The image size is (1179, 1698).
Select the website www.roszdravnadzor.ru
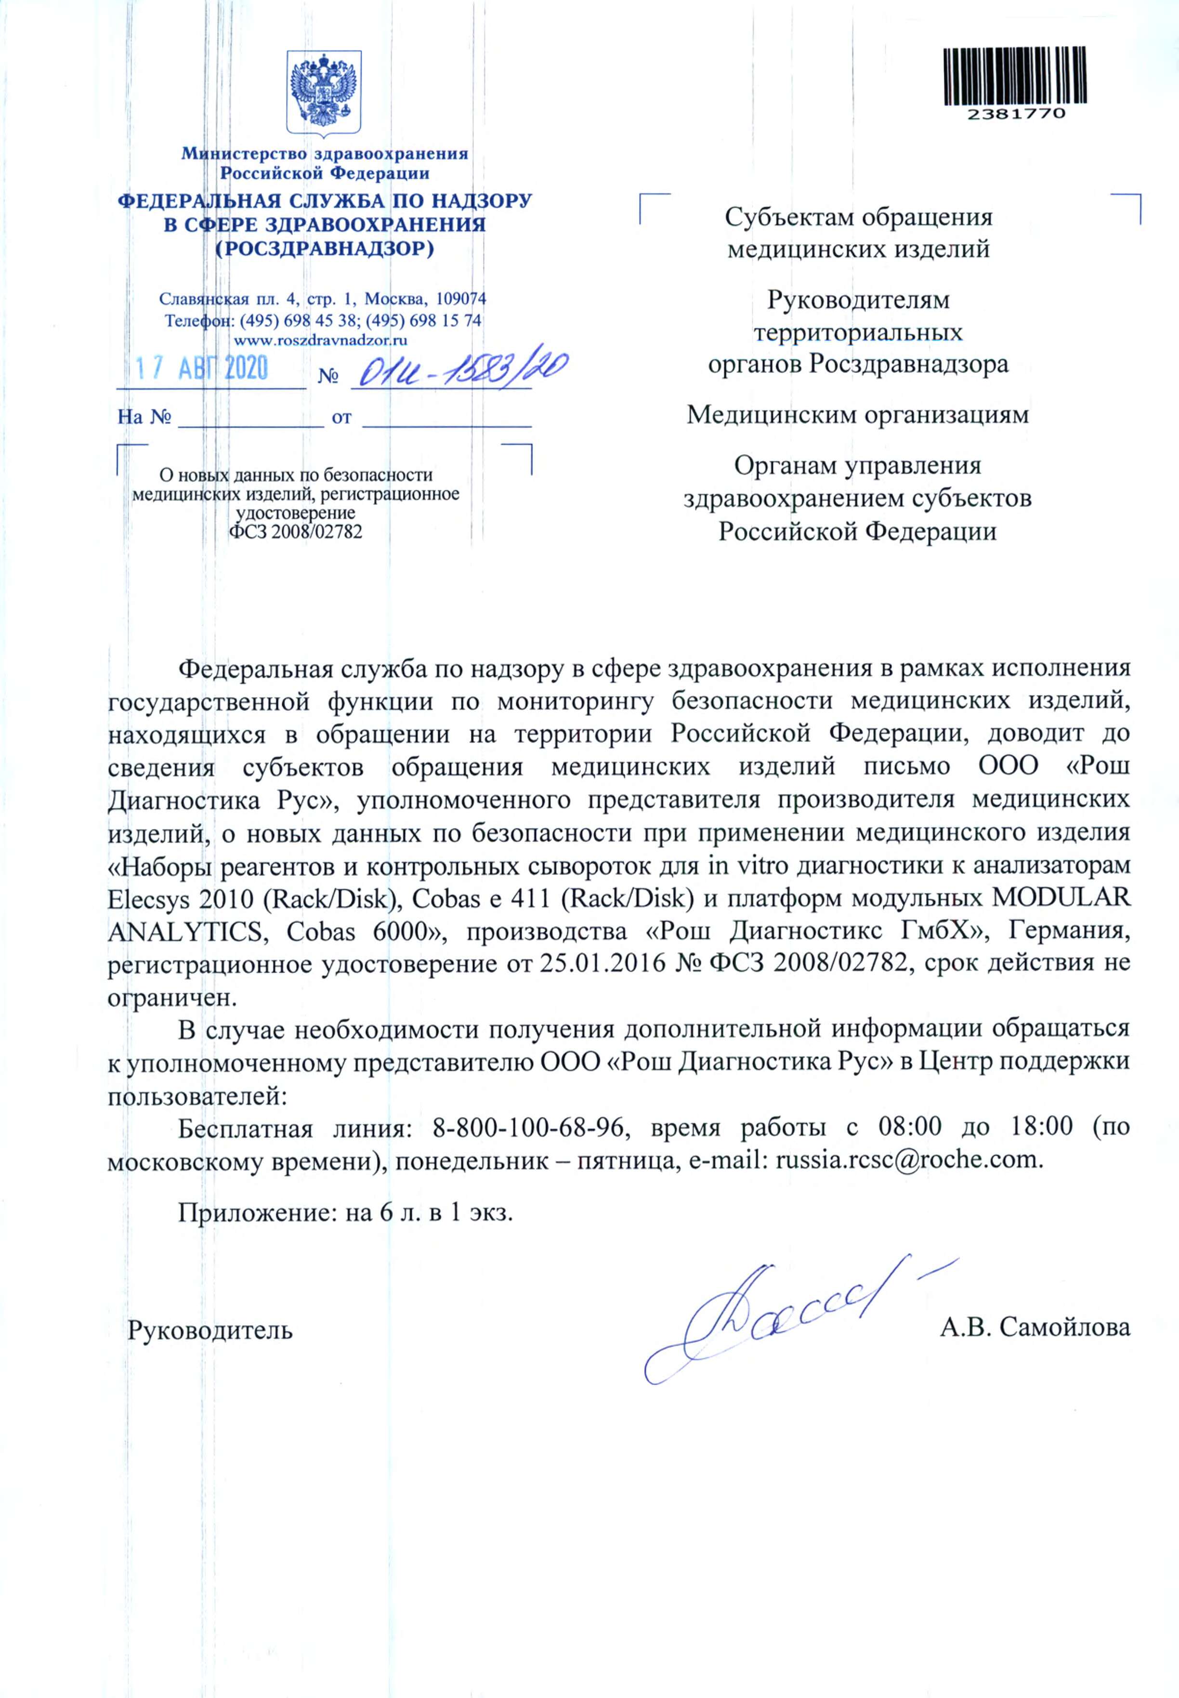(321, 341)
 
